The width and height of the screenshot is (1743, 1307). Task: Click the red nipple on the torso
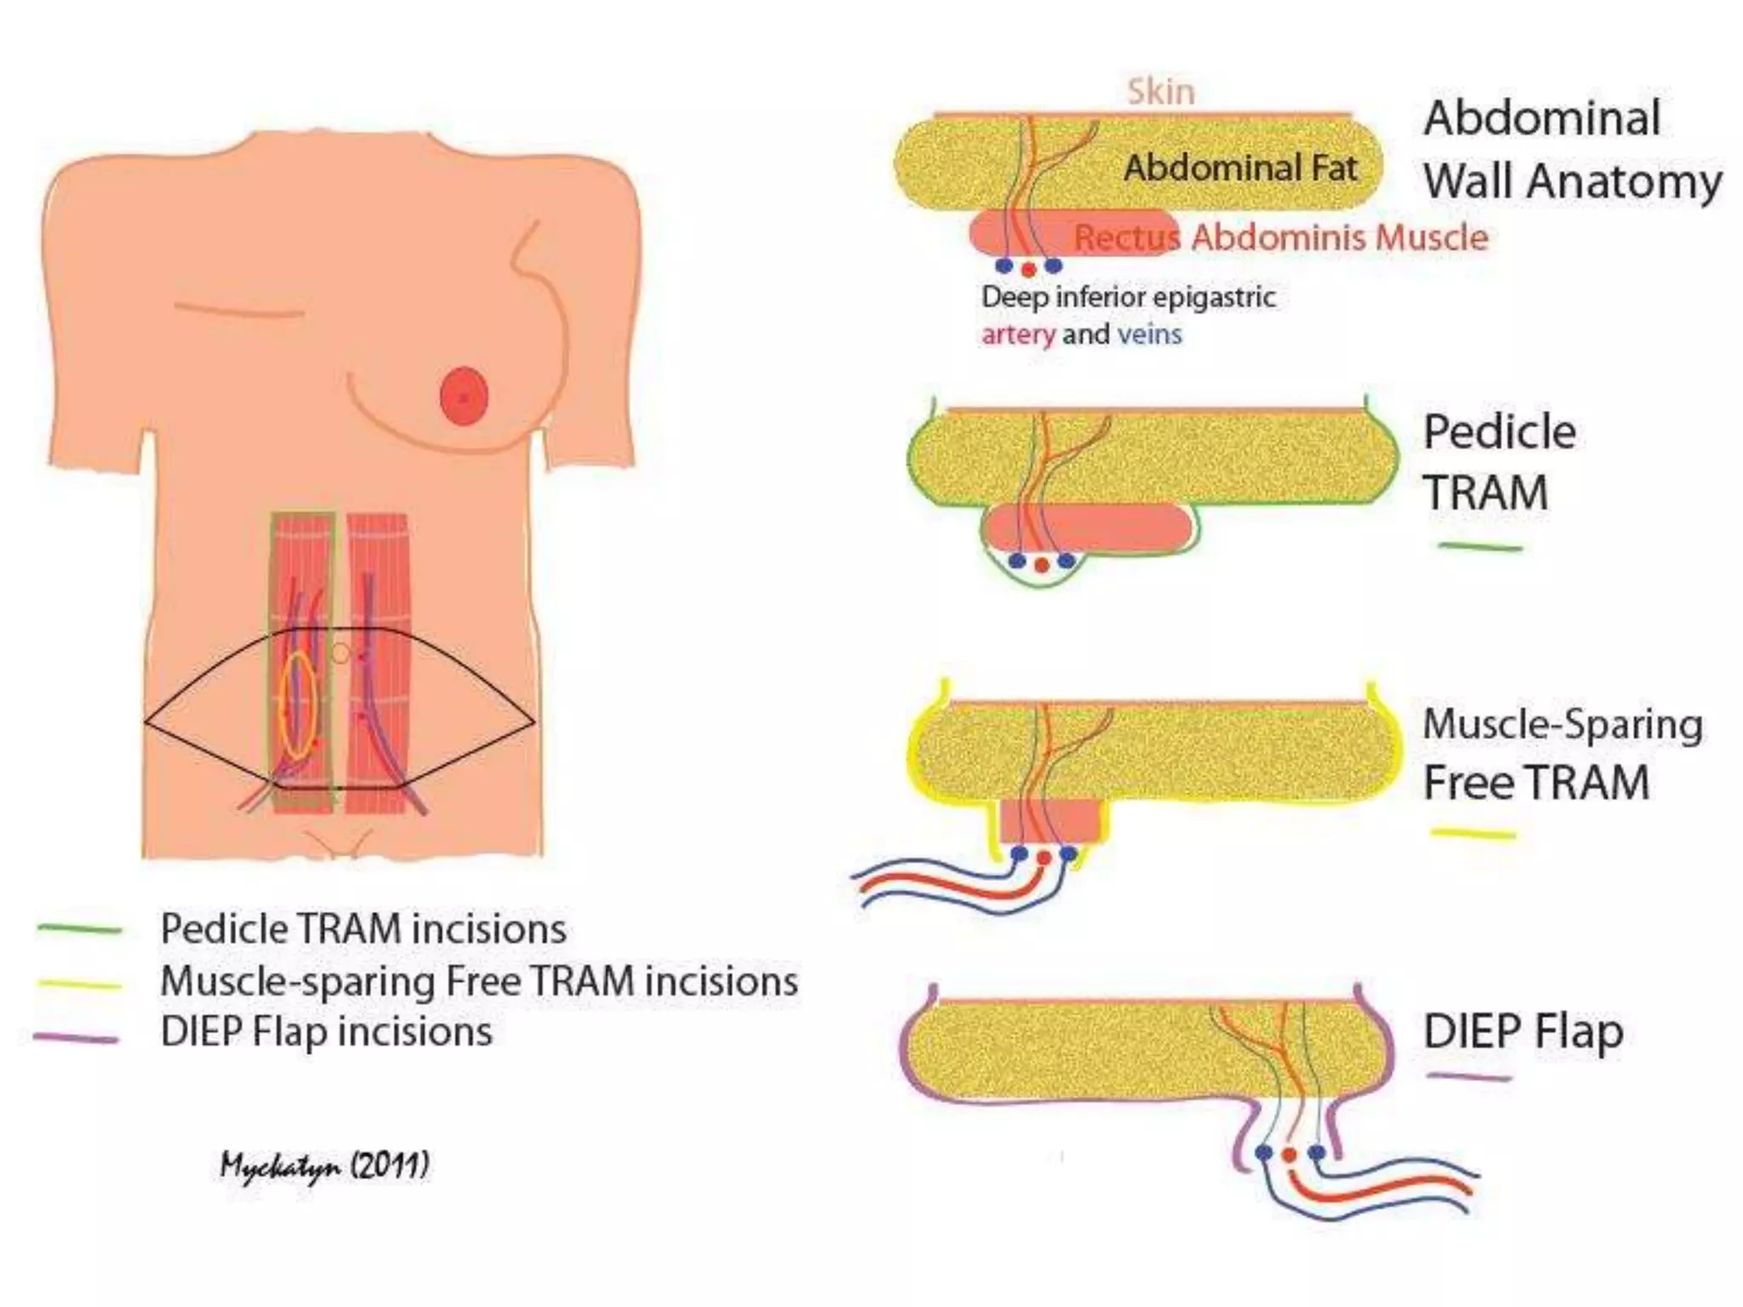464,397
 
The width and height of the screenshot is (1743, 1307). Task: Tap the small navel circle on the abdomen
340,653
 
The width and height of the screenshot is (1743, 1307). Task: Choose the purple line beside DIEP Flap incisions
77,1038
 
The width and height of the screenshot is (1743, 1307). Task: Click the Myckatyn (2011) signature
324,1166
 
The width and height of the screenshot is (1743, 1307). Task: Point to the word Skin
1161,92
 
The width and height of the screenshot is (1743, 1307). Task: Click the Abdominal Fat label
1240,168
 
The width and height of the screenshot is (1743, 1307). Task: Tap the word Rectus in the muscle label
1126,237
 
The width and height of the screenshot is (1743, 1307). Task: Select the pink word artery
1018,334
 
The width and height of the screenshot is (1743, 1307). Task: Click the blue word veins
1149,334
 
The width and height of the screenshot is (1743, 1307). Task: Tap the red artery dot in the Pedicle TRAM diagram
1041,565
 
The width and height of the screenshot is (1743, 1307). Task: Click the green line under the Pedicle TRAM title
1479,547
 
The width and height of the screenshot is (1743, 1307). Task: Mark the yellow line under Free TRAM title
1472,834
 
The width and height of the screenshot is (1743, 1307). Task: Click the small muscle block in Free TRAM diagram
1052,820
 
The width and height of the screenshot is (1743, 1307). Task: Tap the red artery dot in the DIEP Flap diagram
1289,1156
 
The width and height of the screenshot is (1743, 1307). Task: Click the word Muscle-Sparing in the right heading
1563,725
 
